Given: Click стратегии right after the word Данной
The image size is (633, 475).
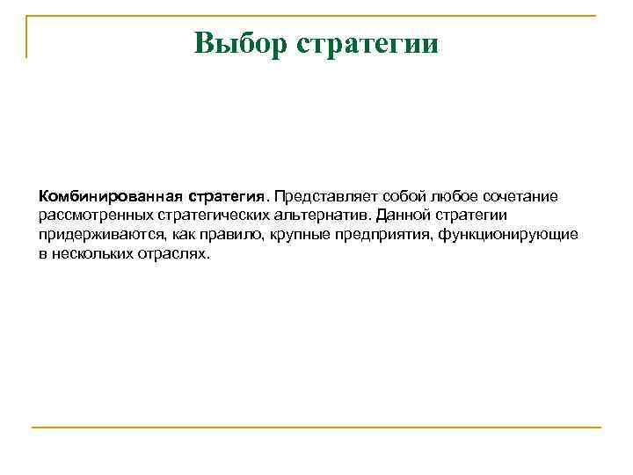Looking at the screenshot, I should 470,215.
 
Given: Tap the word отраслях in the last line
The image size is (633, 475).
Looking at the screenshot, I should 175,254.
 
